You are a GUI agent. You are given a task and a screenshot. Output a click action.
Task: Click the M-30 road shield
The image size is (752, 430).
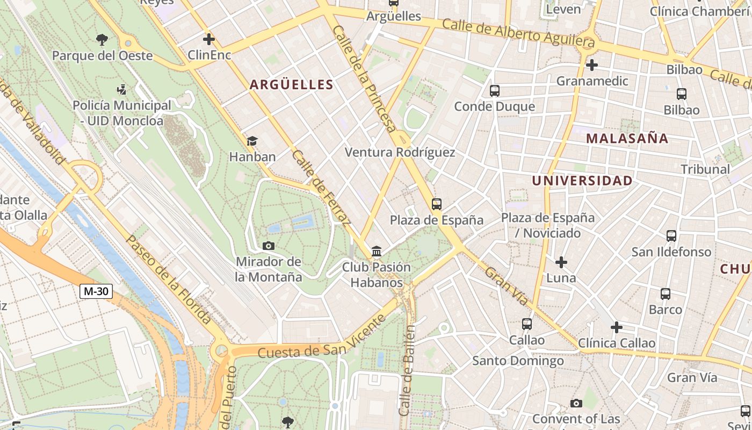click(x=96, y=291)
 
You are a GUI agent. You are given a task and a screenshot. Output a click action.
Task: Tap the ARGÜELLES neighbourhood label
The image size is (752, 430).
click(x=291, y=84)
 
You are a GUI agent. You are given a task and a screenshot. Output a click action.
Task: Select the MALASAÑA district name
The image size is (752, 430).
click(x=627, y=138)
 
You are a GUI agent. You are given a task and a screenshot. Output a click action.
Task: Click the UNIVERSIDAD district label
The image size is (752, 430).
click(x=582, y=181)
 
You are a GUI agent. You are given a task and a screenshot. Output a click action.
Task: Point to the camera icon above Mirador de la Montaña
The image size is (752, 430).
click(x=269, y=246)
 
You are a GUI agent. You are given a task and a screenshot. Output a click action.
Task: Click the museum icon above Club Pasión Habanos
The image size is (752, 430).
click(x=377, y=252)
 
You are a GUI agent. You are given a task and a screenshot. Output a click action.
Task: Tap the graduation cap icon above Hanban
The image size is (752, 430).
click(x=252, y=141)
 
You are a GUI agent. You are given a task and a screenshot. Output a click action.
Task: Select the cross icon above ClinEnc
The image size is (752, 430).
click(x=209, y=39)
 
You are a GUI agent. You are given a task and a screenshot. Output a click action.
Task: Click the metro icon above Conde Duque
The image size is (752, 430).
click(x=495, y=91)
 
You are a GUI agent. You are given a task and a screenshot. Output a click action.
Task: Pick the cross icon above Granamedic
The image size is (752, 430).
click(x=592, y=66)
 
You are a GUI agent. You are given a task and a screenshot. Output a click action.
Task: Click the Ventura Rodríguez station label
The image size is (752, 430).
click(x=400, y=152)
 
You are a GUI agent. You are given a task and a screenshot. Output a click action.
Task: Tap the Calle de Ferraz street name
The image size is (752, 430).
click(x=321, y=187)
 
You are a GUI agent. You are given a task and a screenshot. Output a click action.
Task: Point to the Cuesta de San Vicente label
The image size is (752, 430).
click(x=322, y=337)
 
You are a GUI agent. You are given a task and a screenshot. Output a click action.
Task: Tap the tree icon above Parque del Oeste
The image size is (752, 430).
click(x=102, y=39)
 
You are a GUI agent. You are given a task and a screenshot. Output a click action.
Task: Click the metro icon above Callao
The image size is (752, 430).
click(x=527, y=324)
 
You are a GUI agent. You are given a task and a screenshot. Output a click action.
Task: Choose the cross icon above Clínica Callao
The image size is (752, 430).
click(x=617, y=327)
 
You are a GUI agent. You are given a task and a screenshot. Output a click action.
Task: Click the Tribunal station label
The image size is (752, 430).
click(x=705, y=169)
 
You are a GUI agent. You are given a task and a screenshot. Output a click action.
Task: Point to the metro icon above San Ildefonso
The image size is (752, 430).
click(x=671, y=236)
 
